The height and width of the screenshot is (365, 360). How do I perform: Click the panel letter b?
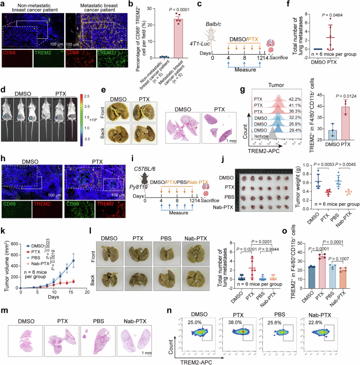pyautogui.click(x=131, y=4)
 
